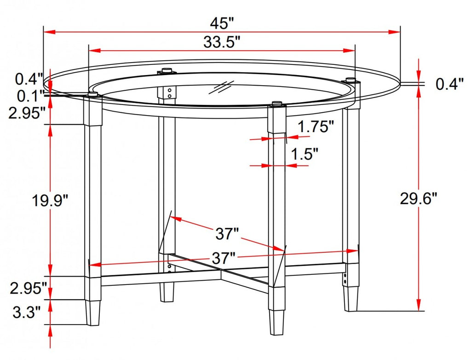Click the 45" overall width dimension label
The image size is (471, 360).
pyautogui.click(x=222, y=22)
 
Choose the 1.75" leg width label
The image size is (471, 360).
pyautogui.click(x=315, y=127)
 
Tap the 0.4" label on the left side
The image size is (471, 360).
pyautogui.click(x=29, y=79)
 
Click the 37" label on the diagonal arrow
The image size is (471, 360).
pyautogui.click(x=227, y=234)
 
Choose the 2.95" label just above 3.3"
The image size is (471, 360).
pyautogui.click(x=28, y=289)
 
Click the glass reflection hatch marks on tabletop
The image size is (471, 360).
pyautogui.click(x=221, y=87)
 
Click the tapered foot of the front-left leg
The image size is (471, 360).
pyautogui.click(x=93, y=313)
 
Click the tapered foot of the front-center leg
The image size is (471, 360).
pyautogui.click(x=276, y=320)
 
